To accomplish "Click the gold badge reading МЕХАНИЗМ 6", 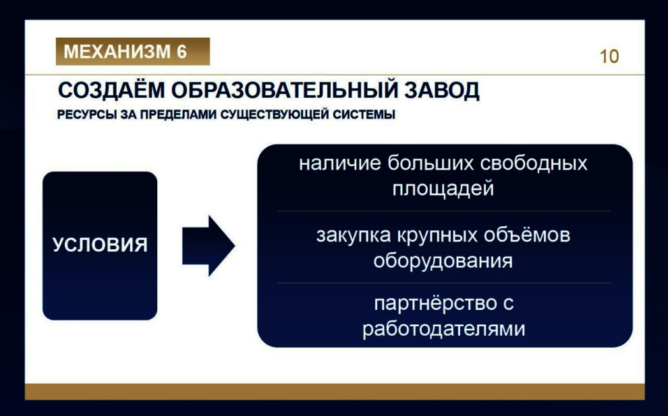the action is click(132, 51).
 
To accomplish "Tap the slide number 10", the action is click(609, 57).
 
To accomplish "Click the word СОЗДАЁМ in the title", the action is click(111, 90).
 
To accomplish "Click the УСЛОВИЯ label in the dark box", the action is click(100, 245).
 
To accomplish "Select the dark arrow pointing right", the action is click(208, 246).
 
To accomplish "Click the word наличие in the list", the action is click(340, 163).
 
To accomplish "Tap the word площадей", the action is click(443, 188).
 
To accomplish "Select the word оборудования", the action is click(443, 260).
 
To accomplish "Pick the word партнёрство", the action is click(431, 303).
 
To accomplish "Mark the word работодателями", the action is click(443, 328).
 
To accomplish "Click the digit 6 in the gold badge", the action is click(182, 51).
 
